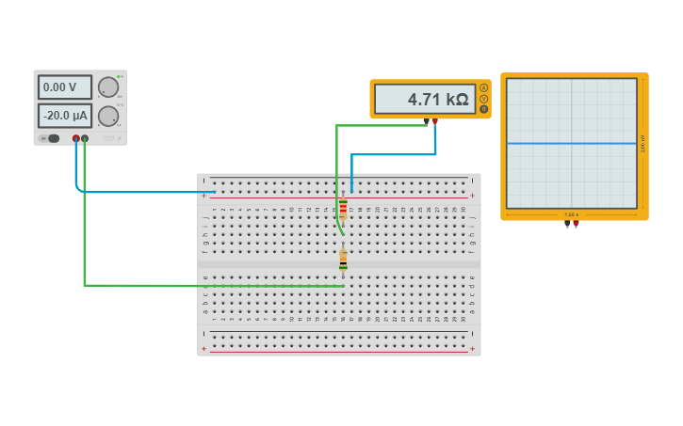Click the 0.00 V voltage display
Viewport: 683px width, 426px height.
(64, 87)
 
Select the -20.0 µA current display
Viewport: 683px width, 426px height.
(64, 116)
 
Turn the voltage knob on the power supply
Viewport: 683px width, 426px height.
(108, 87)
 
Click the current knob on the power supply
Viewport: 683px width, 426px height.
(108, 116)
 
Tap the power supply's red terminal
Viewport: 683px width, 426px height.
(76, 138)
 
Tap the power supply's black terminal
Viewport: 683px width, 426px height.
(85, 138)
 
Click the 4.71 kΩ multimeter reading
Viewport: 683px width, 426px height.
(425, 99)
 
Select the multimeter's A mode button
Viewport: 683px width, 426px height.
(484, 87)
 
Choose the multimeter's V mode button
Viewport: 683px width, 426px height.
(484, 98)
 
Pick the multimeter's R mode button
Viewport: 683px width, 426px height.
(484, 109)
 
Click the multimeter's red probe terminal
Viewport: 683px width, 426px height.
(434, 121)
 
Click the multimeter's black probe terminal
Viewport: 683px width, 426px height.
(426, 121)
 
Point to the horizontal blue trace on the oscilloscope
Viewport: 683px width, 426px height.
(571, 143)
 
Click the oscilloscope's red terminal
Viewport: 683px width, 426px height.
(576, 224)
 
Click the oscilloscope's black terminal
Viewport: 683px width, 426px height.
(567, 224)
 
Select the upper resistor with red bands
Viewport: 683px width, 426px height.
(343, 209)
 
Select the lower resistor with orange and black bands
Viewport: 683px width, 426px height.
(343, 260)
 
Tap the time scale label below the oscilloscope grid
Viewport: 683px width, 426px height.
(571, 214)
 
